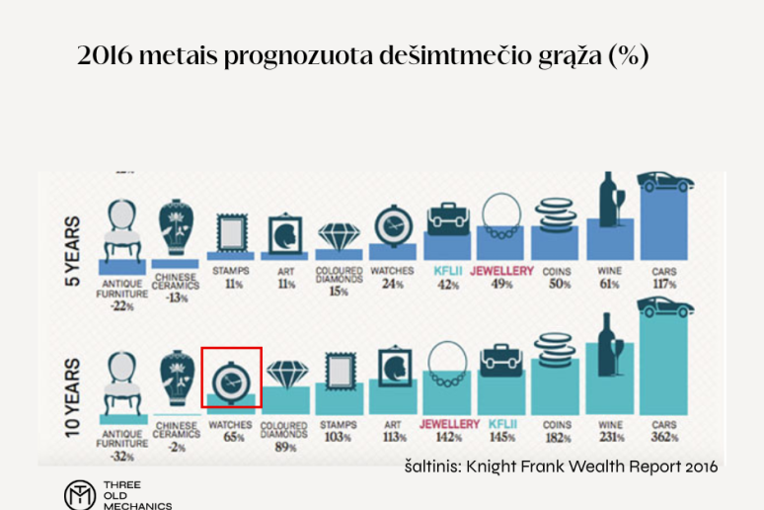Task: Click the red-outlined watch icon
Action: pyautogui.click(x=231, y=377)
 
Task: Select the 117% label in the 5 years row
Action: pyautogui.click(x=663, y=284)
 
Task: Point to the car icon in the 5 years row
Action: pyautogui.click(x=664, y=182)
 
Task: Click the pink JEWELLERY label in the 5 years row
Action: pyautogui.click(x=502, y=270)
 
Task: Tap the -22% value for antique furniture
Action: pyautogui.click(x=122, y=306)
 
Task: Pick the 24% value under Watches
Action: pyautogui.click(x=393, y=284)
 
